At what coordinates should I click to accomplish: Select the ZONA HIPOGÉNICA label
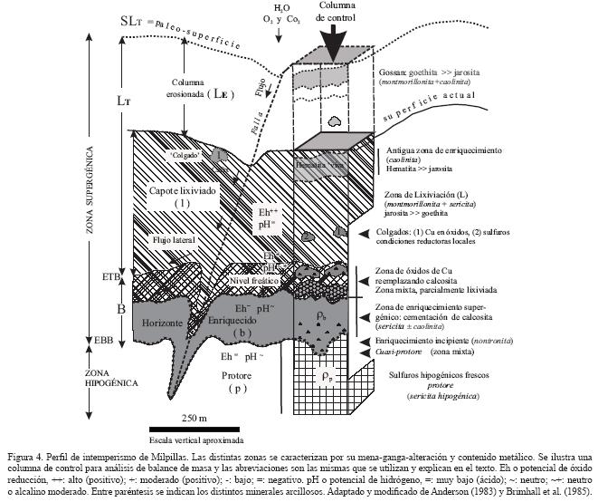coord(33,378)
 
